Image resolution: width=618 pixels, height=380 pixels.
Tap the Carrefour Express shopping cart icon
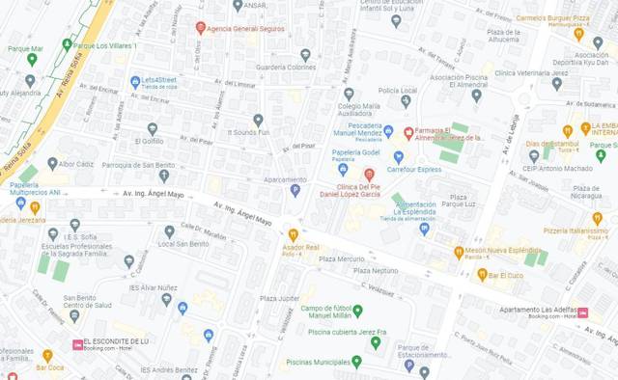click(398, 156)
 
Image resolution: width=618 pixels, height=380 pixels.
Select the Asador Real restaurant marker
click(293, 233)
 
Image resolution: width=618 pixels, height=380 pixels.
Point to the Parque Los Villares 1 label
click(106, 45)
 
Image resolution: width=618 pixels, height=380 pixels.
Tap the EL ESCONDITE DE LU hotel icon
click(77, 343)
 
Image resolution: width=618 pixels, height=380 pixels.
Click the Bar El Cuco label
click(505, 275)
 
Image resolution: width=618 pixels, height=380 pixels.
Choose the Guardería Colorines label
click(286, 68)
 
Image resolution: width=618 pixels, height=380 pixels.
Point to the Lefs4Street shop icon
click(135, 82)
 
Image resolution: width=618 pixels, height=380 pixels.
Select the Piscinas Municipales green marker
click(356, 362)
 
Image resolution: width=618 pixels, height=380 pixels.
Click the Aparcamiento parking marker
click(295, 190)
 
